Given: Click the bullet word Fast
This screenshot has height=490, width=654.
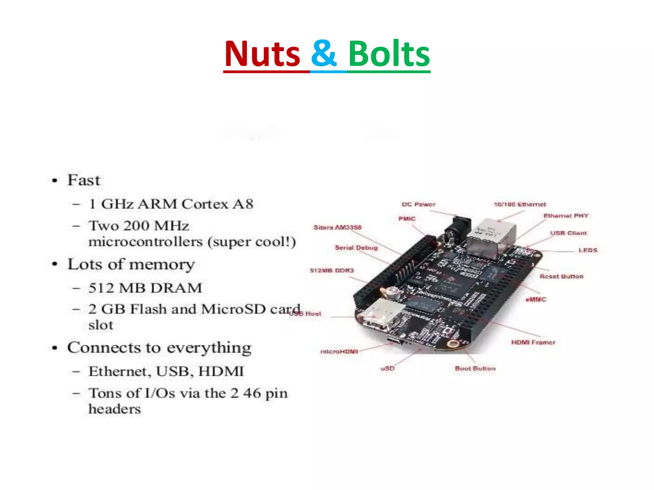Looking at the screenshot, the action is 84,180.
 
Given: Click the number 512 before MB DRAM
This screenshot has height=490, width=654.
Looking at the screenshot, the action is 102,288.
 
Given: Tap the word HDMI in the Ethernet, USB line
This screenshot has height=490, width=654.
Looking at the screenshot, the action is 221,371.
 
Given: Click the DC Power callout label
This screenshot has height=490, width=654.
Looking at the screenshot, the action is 418,204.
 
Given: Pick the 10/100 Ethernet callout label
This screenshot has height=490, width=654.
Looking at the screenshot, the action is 520,204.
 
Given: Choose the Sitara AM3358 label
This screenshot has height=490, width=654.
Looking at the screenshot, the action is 337,227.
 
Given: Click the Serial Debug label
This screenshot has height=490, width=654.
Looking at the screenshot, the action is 356,248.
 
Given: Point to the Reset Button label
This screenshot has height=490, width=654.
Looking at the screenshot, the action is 561,276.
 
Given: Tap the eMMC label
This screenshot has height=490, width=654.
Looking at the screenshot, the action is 536,300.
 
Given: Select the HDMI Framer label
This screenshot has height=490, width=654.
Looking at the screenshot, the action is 533,342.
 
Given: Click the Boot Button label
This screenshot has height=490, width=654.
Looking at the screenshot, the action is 475,368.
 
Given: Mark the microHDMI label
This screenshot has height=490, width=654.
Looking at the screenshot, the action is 339,352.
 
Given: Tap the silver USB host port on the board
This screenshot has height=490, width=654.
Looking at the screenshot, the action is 380,314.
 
